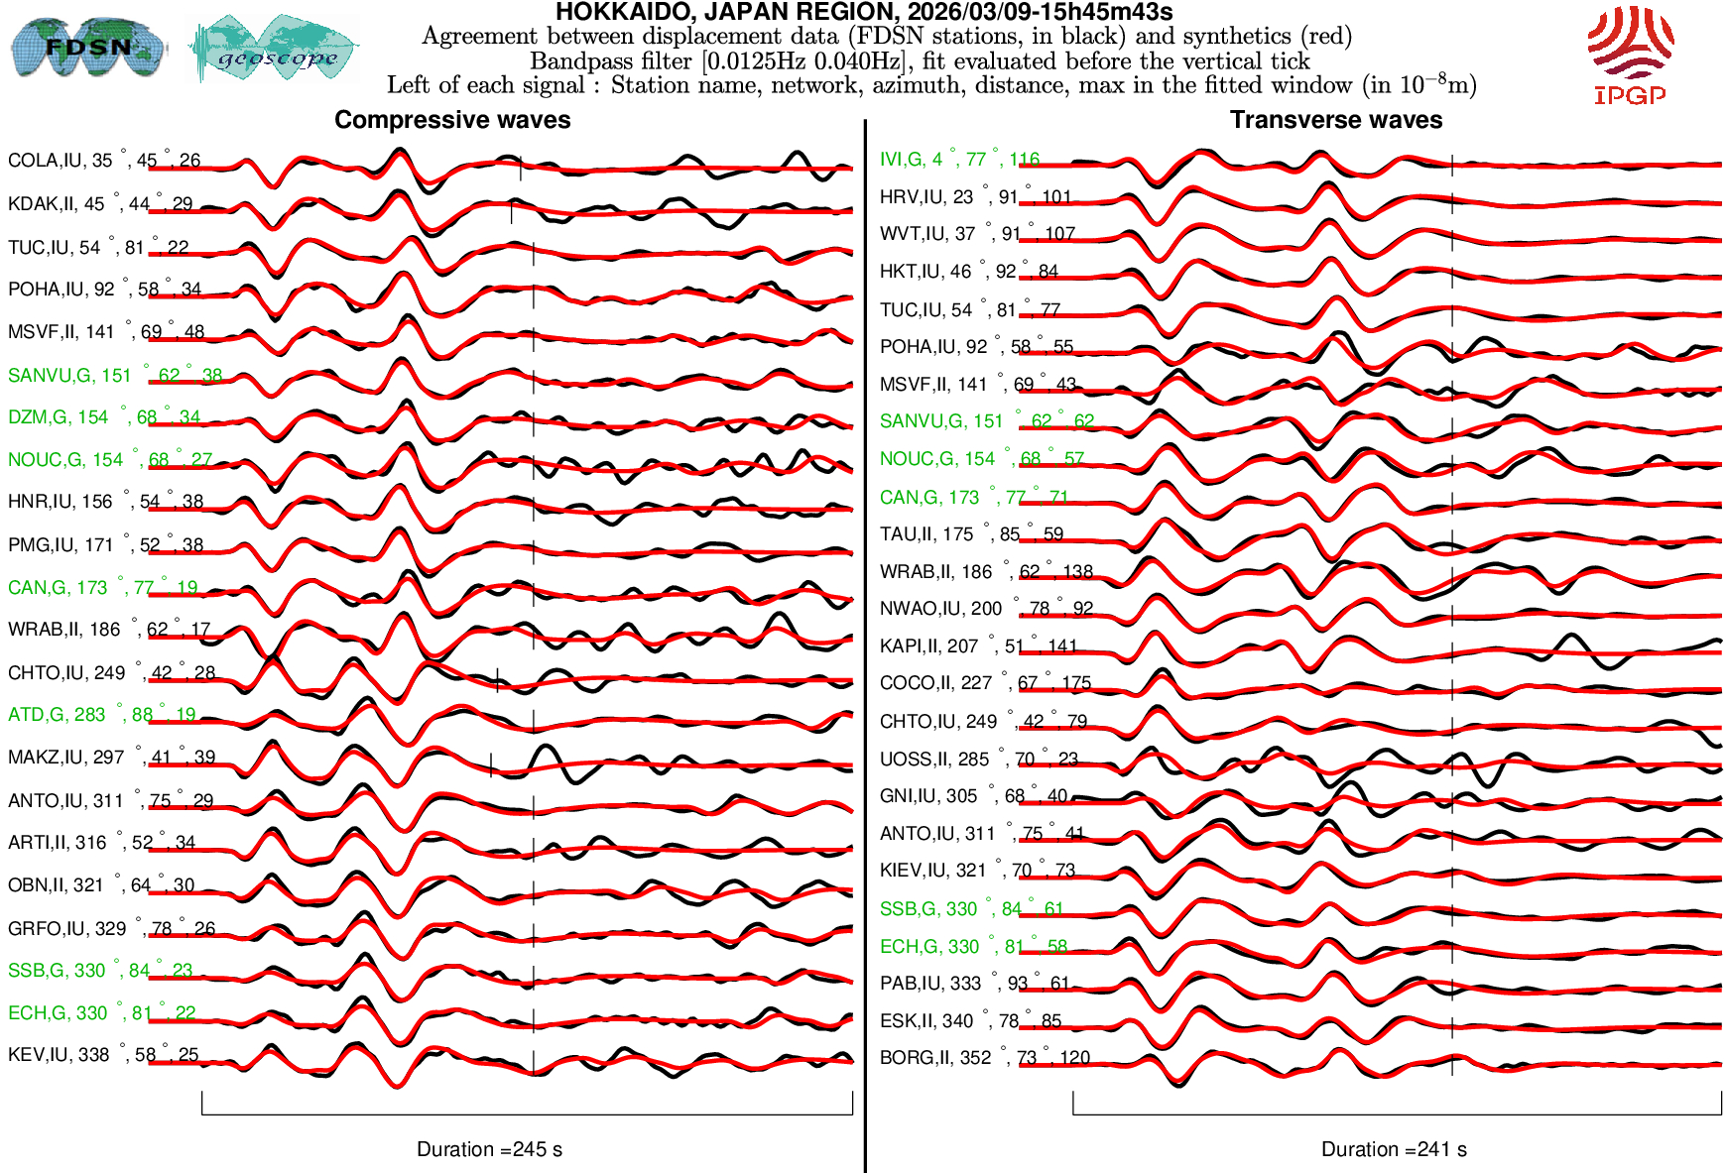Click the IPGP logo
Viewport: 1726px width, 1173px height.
click(x=1630, y=55)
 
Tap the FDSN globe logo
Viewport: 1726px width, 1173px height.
click(x=87, y=47)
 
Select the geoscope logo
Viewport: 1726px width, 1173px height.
click(x=275, y=50)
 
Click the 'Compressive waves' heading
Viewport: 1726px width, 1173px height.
click(x=452, y=120)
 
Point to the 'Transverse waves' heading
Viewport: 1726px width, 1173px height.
click(x=1335, y=120)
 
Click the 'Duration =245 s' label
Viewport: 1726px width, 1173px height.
click(x=489, y=1149)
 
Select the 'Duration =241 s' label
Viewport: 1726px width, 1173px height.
click(x=1394, y=1149)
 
